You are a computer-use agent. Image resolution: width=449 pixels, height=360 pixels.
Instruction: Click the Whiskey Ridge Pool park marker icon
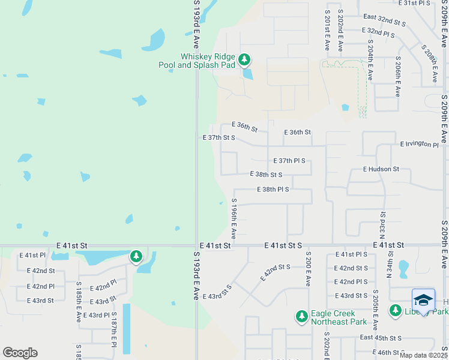[244, 59]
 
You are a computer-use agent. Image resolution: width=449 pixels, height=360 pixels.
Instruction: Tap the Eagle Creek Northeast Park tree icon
[302, 316]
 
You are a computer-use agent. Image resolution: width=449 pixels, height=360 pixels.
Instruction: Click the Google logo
[20, 353]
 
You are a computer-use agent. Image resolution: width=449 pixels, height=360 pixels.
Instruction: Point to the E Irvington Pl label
[420, 144]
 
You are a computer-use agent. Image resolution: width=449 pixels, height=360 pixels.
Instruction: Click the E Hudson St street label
[381, 169]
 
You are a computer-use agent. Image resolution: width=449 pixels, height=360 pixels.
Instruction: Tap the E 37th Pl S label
[289, 161]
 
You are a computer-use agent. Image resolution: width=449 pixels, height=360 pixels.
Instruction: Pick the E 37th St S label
[218, 137]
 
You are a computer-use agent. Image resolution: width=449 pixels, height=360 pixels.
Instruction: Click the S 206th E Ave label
[397, 77]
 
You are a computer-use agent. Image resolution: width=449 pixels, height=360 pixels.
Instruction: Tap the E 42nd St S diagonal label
[276, 272]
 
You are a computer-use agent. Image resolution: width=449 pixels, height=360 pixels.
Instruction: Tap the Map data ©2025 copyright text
[423, 355]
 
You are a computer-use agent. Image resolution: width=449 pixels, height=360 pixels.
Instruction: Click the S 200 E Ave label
[307, 268]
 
